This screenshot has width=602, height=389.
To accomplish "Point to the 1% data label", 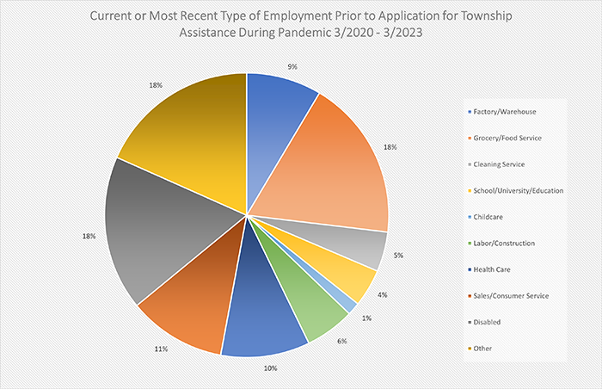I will click(x=365, y=320).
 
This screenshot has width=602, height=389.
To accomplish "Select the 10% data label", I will click(x=270, y=368).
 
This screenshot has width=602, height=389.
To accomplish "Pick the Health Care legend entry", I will click(x=493, y=269).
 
